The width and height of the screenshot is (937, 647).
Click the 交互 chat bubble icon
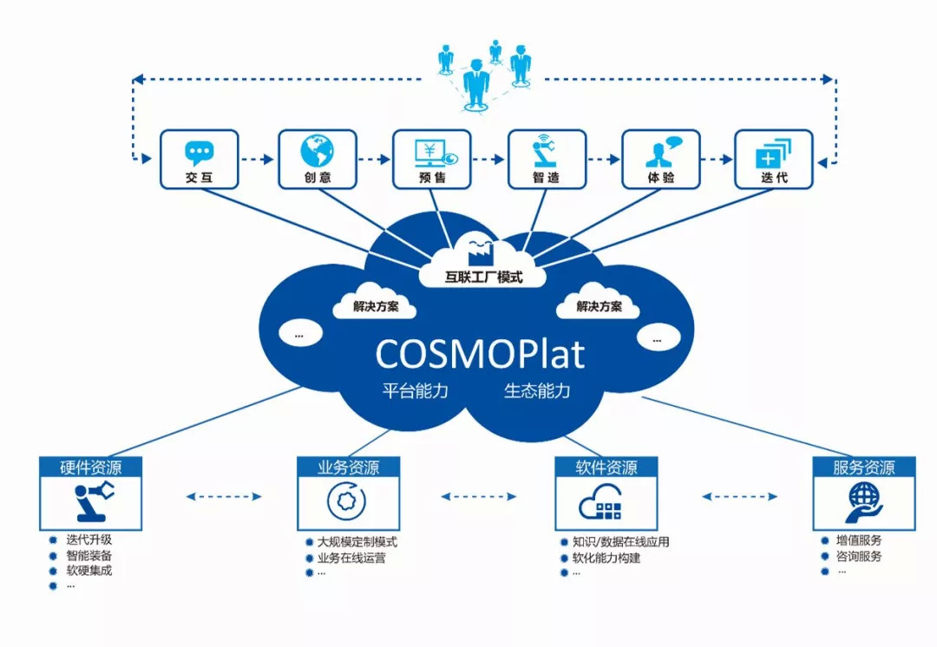[x=199, y=153]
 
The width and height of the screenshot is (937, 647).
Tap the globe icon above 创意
[x=317, y=151]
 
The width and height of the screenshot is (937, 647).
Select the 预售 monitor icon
[x=431, y=151]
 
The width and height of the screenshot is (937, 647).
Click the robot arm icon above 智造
[x=546, y=151]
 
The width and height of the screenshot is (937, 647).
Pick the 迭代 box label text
[x=774, y=178]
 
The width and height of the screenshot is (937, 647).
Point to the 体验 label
[x=660, y=178]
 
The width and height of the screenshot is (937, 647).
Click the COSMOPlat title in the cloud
[x=480, y=354]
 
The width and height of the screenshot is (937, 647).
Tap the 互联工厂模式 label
[x=483, y=278]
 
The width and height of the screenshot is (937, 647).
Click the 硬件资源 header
[x=90, y=467]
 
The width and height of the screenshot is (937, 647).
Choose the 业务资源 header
[x=349, y=467]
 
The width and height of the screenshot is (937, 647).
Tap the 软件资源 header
[x=606, y=467]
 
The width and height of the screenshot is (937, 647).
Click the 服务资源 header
[x=864, y=467]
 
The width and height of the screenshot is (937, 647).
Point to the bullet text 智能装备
[x=88, y=555]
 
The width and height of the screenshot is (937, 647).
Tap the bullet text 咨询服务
[x=859, y=556]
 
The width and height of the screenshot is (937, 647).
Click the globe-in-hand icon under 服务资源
[x=864, y=503]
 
